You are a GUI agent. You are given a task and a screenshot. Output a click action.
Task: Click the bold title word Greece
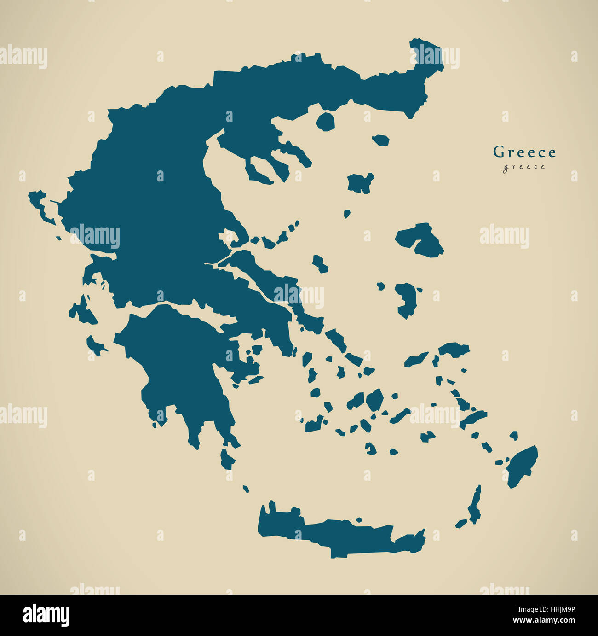point(524,152)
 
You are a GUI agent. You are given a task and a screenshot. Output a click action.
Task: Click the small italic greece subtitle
point(524,167)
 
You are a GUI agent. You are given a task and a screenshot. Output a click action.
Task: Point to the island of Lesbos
point(419,239)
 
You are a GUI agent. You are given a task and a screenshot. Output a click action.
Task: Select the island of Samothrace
point(381,140)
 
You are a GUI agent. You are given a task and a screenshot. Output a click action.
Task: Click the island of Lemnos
point(360,183)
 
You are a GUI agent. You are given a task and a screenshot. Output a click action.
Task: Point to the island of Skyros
point(320,264)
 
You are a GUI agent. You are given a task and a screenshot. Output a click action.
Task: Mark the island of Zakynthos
point(96,345)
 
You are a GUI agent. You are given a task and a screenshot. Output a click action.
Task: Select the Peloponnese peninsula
point(179,359)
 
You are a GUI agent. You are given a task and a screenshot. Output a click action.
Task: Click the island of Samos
point(453,350)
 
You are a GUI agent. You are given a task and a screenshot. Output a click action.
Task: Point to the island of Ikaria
point(416,359)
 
